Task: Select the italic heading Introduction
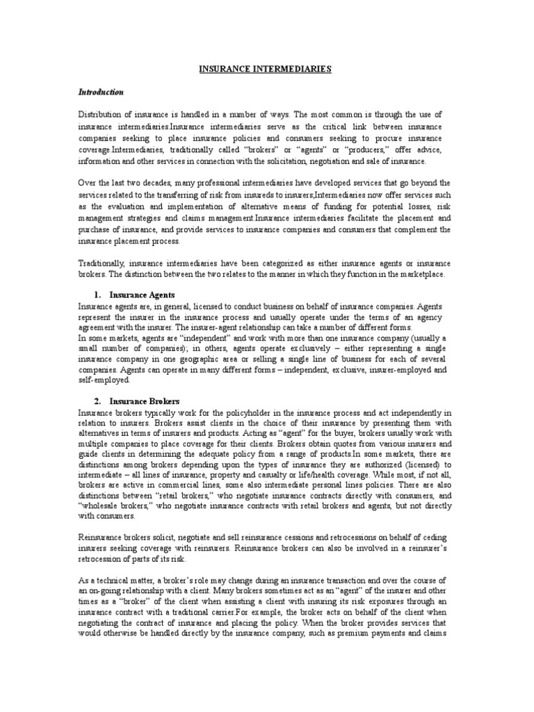pos(101,92)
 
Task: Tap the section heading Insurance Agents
pos(144,295)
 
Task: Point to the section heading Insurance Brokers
pos(145,401)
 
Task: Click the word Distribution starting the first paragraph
pos(101,114)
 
